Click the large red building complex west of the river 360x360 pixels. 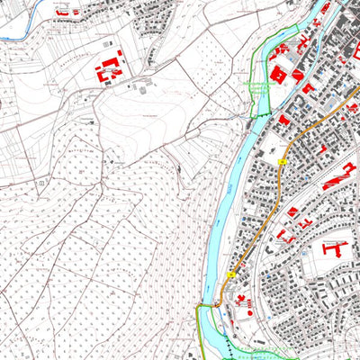109,67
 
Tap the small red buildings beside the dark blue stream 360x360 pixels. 63,13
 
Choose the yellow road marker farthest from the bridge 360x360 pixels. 283,160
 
